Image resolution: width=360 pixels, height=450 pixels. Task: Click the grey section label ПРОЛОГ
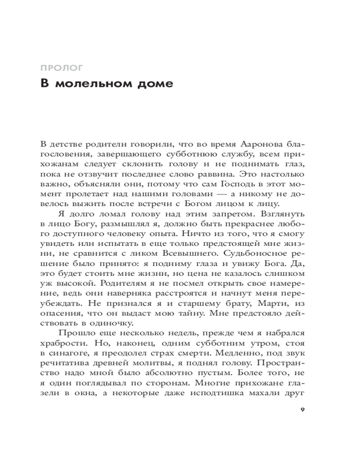(x=61, y=69)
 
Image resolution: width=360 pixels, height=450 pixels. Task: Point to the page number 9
(x=302, y=409)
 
